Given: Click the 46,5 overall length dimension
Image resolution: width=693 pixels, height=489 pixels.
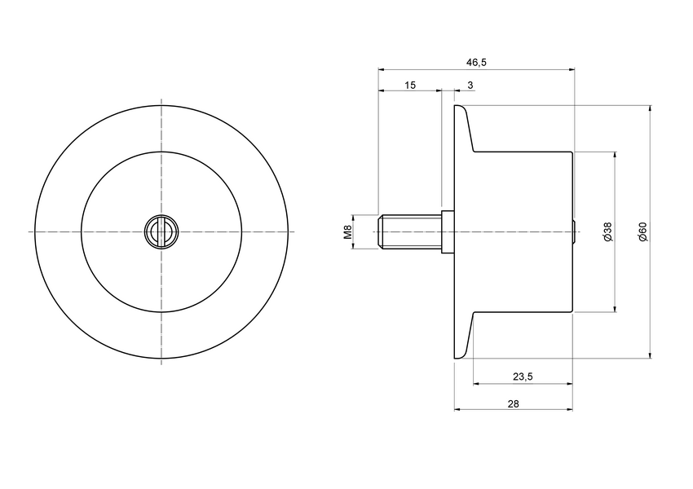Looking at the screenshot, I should coord(476,62).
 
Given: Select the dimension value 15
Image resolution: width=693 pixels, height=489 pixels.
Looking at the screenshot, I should coord(409,85).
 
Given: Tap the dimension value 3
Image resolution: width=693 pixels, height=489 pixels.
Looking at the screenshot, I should coord(470,85).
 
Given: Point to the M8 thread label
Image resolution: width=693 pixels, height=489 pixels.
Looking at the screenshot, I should coord(346,232).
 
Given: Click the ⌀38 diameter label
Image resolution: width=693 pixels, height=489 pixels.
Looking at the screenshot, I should coord(607,232).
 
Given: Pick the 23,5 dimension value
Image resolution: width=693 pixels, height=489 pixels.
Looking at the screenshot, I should coord(523,377).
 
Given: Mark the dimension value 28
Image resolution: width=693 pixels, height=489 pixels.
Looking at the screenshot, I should coord(513,403).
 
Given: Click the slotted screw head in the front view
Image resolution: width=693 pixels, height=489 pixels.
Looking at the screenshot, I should coord(161,232).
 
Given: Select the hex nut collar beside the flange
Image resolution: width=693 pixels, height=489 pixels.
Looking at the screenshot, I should coord(447,232).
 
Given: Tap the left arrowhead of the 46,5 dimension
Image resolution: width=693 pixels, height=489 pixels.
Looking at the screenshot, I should coord(382,69).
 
